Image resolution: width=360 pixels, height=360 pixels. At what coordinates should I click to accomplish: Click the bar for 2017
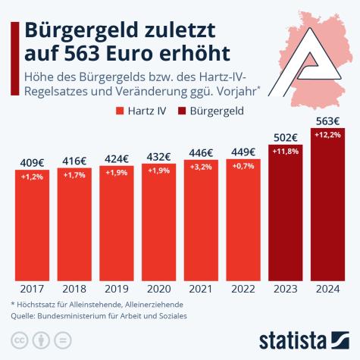(32, 224)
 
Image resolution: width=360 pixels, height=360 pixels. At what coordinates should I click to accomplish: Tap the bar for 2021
(202, 220)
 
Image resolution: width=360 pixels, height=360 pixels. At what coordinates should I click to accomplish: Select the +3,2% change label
(202, 166)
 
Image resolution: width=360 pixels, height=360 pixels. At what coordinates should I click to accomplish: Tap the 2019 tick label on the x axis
(117, 290)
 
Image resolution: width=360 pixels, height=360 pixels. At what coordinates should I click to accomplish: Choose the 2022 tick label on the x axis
(243, 290)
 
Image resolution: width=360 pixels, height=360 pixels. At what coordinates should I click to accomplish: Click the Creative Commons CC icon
(17, 337)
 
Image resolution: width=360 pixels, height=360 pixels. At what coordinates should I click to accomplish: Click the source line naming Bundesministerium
(99, 315)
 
